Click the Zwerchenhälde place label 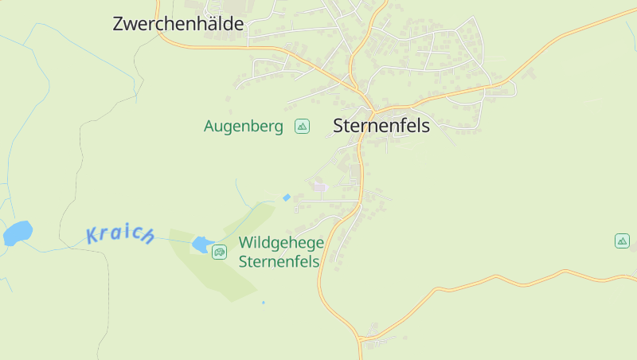coord(178,24)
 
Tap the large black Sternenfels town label coord(381,126)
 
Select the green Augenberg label coord(244,126)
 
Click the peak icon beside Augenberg coord(302,126)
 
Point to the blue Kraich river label coord(120,234)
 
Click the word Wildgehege coord(281,243)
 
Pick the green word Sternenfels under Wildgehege coord(279,261)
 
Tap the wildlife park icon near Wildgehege coord(219,252)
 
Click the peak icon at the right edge coord(622,241)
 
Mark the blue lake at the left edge coord(18,233)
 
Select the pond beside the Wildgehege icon coord(201,245)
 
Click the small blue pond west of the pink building coord(287,198)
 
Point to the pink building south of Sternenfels coord(320,187)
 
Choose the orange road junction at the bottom coord(360,340)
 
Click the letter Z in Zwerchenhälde coord(119,24)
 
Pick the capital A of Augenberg coord(210,126)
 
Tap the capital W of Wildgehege coord(246,243)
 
